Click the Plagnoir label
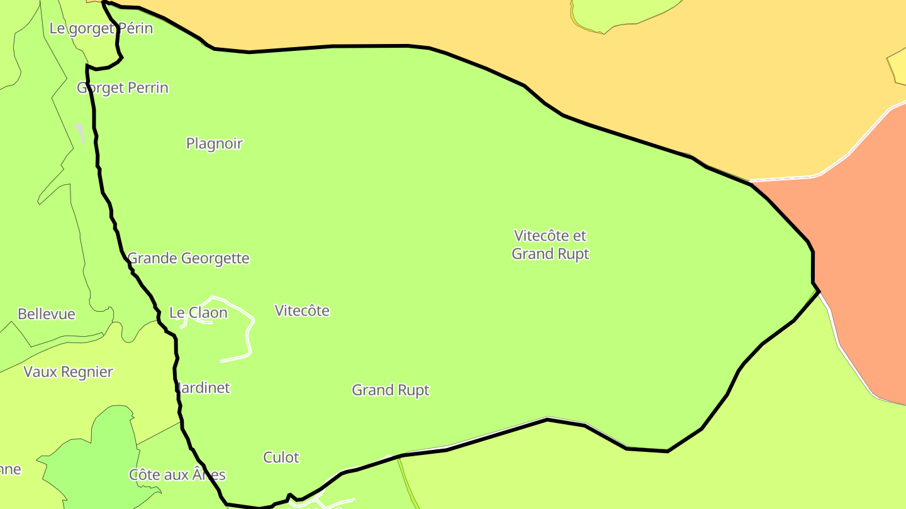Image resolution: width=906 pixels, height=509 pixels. [214, 143]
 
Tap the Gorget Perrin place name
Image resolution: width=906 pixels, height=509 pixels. [123, 87]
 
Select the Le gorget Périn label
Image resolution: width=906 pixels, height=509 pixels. [101, 28]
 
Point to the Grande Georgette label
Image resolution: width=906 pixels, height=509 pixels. [188, 258]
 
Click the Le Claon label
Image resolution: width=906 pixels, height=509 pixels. [198, 312]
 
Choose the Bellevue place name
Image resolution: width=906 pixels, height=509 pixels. [46, 314]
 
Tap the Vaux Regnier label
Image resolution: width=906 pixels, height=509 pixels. [68, 371]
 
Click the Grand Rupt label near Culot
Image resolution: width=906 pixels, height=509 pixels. [390, 390]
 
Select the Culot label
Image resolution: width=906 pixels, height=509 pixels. [281, 457]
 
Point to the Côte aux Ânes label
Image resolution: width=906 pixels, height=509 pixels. [177, 474]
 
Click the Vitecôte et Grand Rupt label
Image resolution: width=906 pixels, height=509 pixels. [550, 244]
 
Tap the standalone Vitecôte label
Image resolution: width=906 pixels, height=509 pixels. [302, 310]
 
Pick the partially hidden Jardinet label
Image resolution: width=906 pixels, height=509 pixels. [203, 388]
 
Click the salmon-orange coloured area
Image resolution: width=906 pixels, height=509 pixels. [856, 251]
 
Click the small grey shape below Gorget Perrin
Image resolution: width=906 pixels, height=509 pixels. [80, 131]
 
